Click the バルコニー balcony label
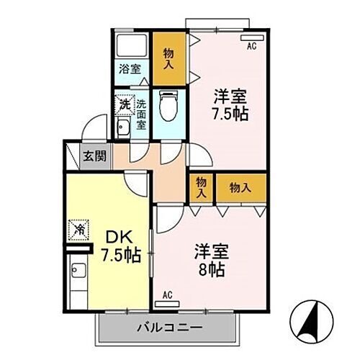pos(170,328)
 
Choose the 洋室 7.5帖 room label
pos(230,105)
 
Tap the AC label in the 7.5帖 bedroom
pos(252,48)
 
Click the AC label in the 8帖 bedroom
pos(167,294)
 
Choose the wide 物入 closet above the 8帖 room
pos(240,187)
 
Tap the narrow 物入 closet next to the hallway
pos(201,187)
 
